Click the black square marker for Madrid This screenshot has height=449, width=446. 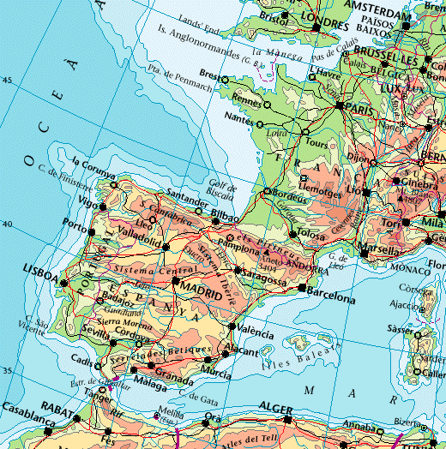[x=175, y=280]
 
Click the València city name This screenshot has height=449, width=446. [x=255, y=332]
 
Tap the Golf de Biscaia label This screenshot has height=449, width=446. [x=221, y=189]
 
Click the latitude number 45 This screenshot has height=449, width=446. [x=9, y=81]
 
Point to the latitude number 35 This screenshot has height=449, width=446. [x=9, y=371]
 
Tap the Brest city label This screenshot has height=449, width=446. [x=208, y=73]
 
